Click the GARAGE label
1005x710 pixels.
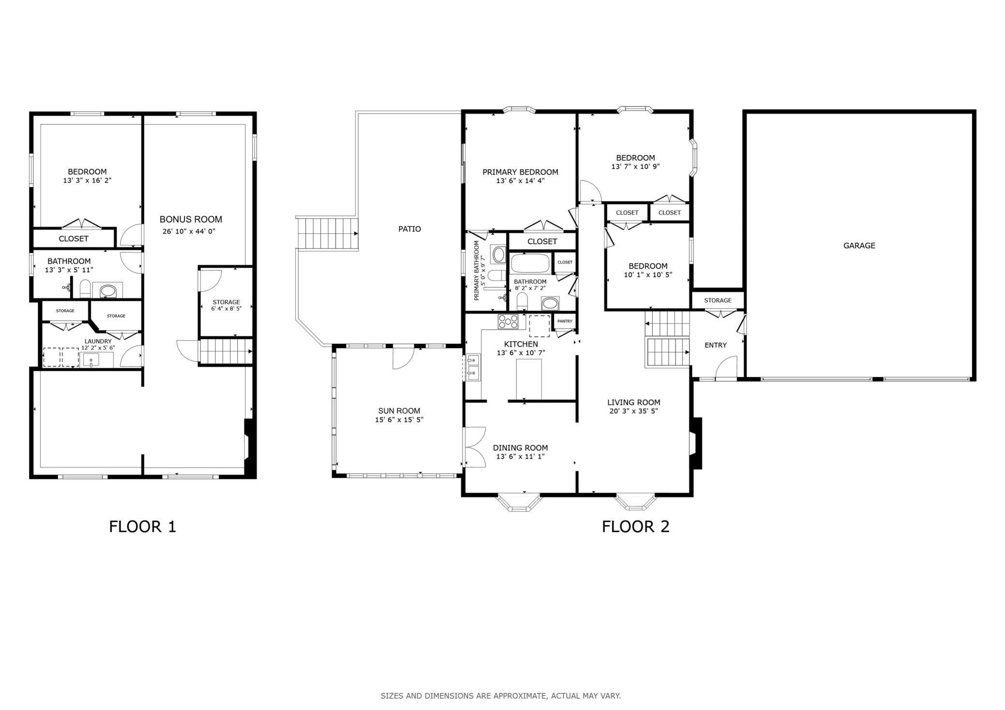[859, 245]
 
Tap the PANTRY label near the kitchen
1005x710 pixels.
[564, 321]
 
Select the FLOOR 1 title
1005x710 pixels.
[143, 526]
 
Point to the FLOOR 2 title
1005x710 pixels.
[635, 526]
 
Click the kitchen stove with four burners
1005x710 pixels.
[508, 322]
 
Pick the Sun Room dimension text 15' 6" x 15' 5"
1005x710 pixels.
[399, 420]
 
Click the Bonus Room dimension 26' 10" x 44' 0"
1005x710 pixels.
[189, 231]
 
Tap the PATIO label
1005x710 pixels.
[410, 229]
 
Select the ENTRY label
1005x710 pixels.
[716, 345]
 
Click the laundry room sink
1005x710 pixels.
[91, 360]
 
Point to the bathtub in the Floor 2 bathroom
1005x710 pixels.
[530, 264]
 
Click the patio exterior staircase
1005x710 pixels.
[327, 234]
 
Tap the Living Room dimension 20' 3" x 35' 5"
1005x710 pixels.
[634, 412]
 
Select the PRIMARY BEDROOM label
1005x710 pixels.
[520, 172]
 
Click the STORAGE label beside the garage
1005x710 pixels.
[718, 300]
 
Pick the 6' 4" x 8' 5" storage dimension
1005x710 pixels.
[226, 309]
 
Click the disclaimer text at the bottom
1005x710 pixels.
[501, 696]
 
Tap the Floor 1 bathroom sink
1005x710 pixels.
[108, 291]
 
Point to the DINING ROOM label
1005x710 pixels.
[520, 448]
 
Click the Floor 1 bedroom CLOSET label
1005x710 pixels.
[73, 239]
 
